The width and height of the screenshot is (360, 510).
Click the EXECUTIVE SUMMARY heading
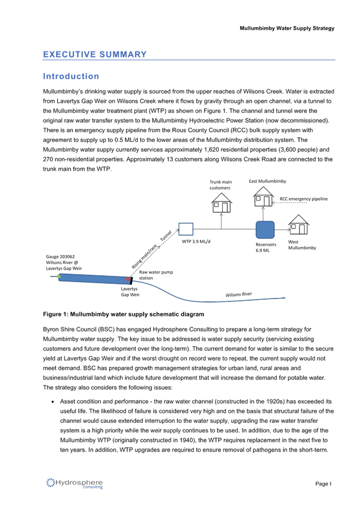(x=94, y=54)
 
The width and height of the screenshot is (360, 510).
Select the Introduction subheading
(x=71, y=76)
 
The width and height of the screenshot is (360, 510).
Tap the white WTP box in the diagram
(x=186, y=229)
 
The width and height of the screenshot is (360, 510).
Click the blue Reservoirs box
(x=265, y=230)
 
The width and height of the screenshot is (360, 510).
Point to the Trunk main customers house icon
(x=222, y=202)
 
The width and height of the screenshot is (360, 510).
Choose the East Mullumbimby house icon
(x=263, y=196)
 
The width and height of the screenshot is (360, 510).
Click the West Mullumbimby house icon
(x=298, y=224)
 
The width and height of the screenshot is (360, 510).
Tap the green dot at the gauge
(x=59, y=276)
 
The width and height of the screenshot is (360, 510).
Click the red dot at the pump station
(x=128, y=279)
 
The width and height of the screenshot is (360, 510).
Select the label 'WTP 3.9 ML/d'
(x=196, y=241)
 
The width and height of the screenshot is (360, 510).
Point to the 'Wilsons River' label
(x=238, y=295)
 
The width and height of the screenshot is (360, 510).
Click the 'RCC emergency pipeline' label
(x=303, y=198)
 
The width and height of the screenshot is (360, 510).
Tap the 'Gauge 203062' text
(x=60, y=256)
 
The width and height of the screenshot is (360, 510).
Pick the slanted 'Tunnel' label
(x=166, y=235)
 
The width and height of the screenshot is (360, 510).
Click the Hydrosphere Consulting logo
(x=75, y=483)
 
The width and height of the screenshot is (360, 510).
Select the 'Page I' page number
(x=323, y=483)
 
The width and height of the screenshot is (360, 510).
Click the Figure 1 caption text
(x=124, y=314)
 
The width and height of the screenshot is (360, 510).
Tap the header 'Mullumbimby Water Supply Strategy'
(x=287, y=28)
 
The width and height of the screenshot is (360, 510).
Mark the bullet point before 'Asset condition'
(x=53, y=401)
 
